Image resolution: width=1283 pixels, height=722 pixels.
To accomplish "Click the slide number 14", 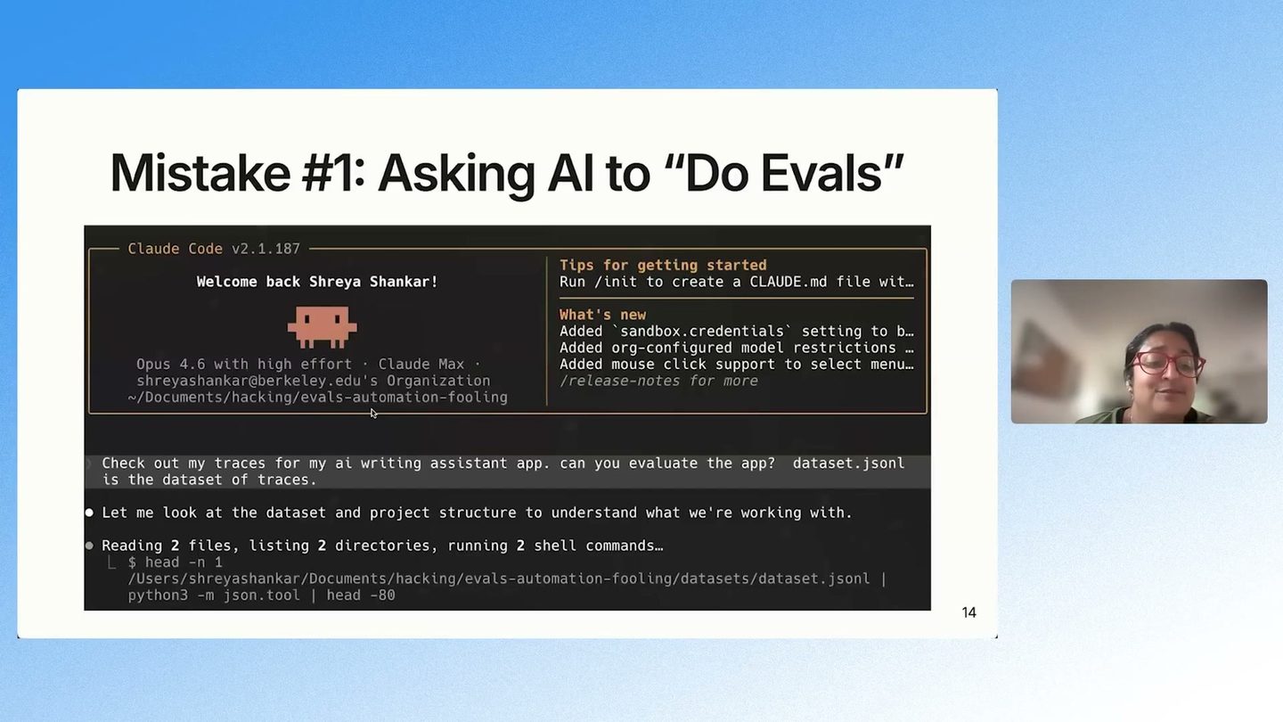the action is point(968,612).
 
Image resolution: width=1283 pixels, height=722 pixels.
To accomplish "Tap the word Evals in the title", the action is point(821,173).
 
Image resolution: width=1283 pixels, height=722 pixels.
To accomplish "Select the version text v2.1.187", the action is point(266,249).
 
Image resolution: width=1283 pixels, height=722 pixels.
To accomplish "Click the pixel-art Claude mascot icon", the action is point(322,327).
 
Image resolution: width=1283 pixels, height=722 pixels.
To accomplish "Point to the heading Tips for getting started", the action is point(663,266).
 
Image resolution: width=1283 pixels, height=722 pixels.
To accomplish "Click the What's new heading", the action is point(602,315).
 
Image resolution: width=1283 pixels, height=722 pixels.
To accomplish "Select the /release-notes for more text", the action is point(658,382).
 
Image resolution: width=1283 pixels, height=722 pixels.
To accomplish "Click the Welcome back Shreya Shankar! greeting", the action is point(317,282).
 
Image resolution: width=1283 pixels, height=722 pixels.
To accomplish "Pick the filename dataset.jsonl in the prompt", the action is point(848,463).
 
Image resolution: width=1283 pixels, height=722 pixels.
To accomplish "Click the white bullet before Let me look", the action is point(89,513).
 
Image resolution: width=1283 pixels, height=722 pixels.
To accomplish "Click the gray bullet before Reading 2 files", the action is point(89,546).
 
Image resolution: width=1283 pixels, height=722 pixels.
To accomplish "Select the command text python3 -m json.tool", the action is point(214,595).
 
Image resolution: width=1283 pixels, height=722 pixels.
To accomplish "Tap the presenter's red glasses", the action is point(1166,365).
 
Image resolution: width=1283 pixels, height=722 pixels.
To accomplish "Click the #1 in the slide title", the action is point(333,173).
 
